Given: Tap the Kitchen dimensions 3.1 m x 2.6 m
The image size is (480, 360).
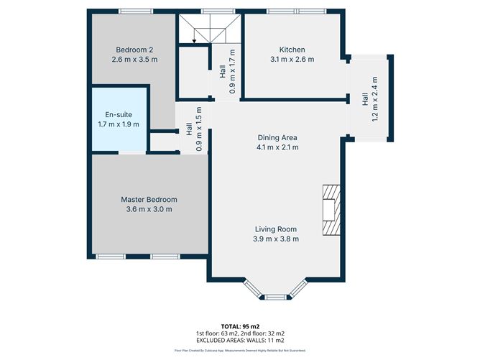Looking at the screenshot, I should click(x=292, y=60).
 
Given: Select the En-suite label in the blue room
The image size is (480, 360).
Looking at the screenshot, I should click(x=118, y=114).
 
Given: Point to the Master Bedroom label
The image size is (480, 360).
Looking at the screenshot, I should click(x=149, y=199).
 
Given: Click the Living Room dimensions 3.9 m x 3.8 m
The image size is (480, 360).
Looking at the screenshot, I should click(x=277, y=239).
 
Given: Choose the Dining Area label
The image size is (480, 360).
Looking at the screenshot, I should click(x=277, y=137).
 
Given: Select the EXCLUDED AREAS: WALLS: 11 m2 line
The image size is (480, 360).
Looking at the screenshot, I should click(x=239, y=341).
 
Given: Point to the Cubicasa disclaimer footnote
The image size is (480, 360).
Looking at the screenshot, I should click(x=239, y=351).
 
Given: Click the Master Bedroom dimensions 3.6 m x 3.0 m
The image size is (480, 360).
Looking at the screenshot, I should click(x=149, y=209).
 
